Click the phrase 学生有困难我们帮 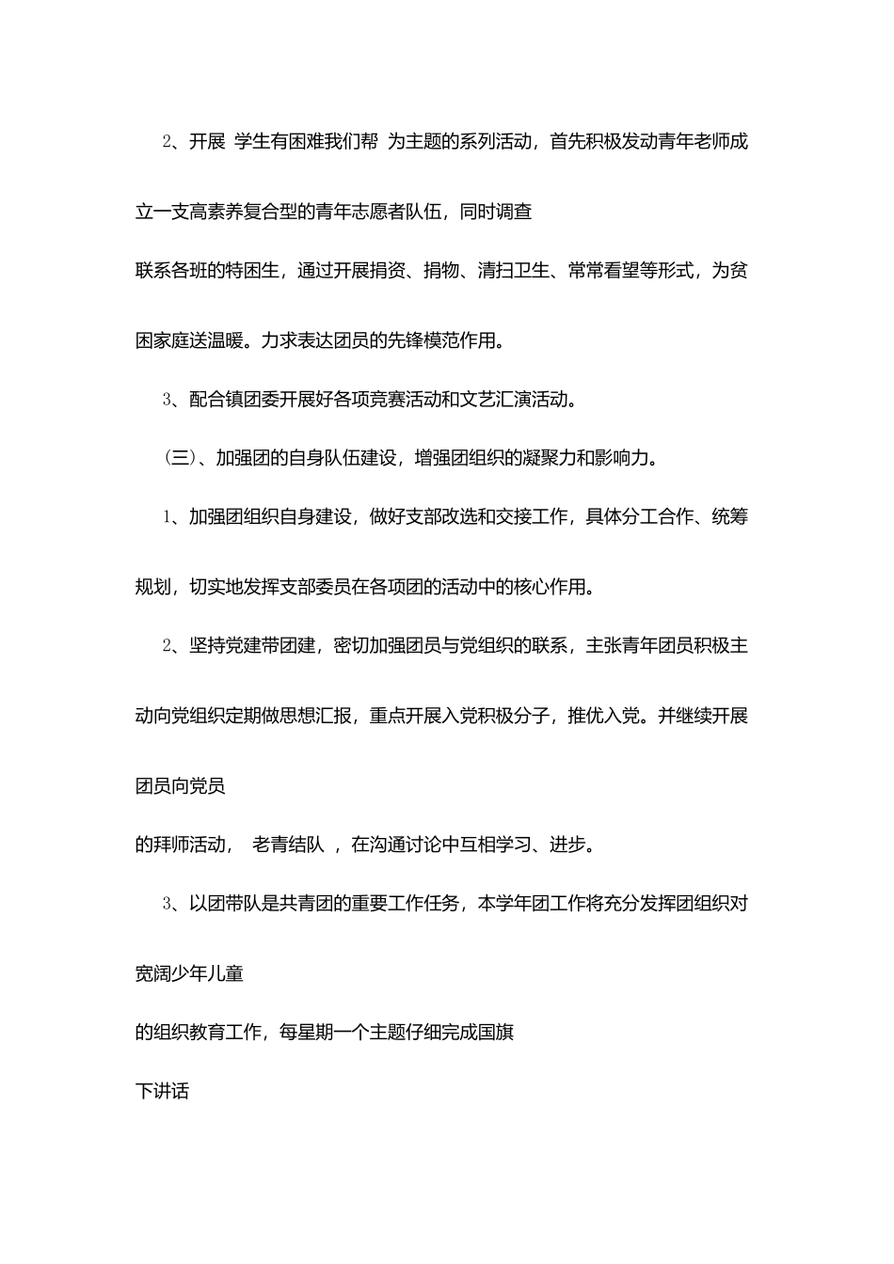[x=306, y=142]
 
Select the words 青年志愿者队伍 [x=379, y=213]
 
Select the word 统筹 [x=730, y=517]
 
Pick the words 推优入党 [x=603, y=717]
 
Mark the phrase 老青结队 [x=288, y=845]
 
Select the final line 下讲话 [x=163, y=1092]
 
